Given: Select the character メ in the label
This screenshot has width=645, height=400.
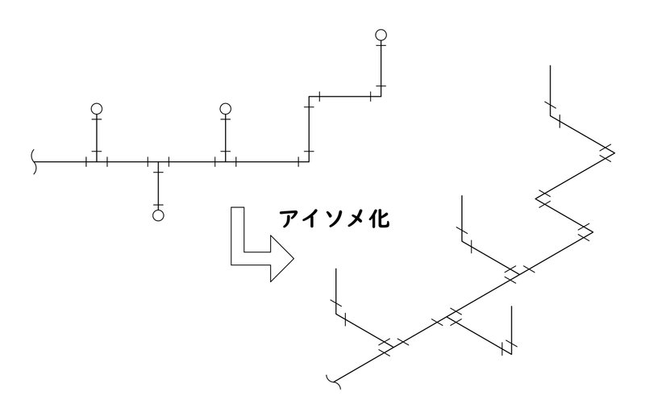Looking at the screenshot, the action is point(355,219).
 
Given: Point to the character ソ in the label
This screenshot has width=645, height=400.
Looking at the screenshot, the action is point(334,219).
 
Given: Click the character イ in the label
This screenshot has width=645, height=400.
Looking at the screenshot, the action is point(312,219).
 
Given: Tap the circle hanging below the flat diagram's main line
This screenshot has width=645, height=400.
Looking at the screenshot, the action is point(158,215).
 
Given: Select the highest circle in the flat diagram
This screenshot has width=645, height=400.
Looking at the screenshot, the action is point(381,35).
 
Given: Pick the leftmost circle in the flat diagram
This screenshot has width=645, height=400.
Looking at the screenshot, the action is point(97,108).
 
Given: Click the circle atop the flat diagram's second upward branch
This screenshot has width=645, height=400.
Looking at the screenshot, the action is point(226,108).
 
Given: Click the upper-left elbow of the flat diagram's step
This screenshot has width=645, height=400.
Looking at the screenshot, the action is point(309,97).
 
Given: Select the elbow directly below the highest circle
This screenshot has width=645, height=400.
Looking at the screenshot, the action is point(381,97).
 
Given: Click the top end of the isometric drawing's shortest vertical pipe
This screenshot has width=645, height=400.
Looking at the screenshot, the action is point(512,306).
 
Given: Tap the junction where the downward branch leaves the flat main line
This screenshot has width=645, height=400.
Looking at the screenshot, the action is point(158,162).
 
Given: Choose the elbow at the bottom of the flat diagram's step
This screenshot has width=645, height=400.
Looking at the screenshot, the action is point(309,162).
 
